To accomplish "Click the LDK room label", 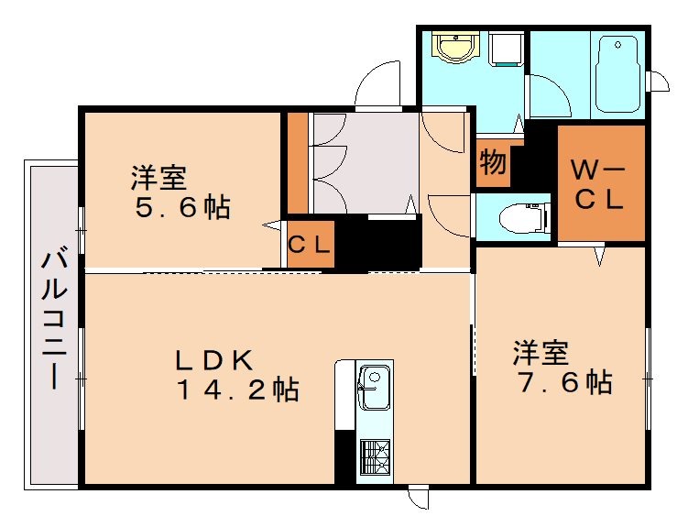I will click(x=214, y=359).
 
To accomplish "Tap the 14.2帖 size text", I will click(x=237, y=390).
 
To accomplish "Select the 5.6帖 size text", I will click(x=181, y=207).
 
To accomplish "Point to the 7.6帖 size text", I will click(x=562, y=381).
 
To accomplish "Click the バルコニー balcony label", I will click(x=52, y=321).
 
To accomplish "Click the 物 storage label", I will click(x=492, y=165).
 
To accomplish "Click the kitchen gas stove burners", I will click(x=374, y=456).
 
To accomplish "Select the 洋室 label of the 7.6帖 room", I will click(x=540, y=351).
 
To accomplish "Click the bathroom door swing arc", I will click(x=549, y=95).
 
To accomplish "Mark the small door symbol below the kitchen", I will click(x=418, y=499).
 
